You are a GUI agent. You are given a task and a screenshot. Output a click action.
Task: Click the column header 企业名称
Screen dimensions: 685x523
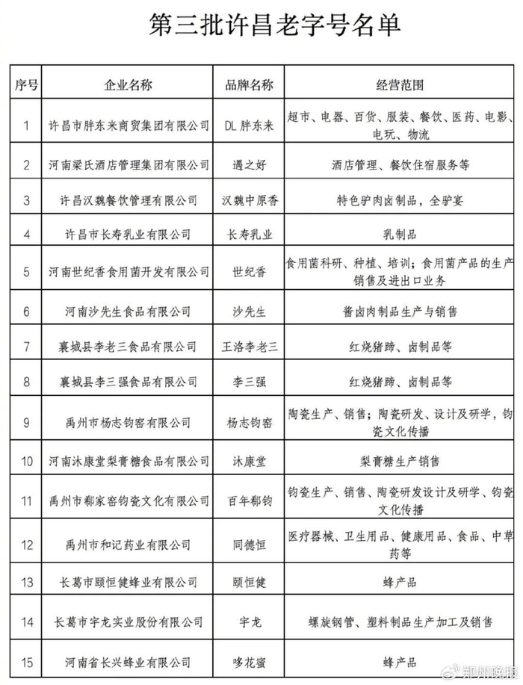click(x=127, y=84)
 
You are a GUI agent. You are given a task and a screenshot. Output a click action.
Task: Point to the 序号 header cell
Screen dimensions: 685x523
click(x=26, y=84)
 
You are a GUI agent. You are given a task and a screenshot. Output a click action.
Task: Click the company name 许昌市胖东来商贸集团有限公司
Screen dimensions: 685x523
click(x=127, y=125)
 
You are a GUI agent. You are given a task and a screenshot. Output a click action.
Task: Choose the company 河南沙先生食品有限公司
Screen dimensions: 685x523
click(x=127, y=311)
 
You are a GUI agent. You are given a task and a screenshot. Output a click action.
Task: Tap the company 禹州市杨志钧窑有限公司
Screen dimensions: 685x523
click(x=127, y=423)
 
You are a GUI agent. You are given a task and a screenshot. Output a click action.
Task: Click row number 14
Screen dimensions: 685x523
click(x=26, y=621)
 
